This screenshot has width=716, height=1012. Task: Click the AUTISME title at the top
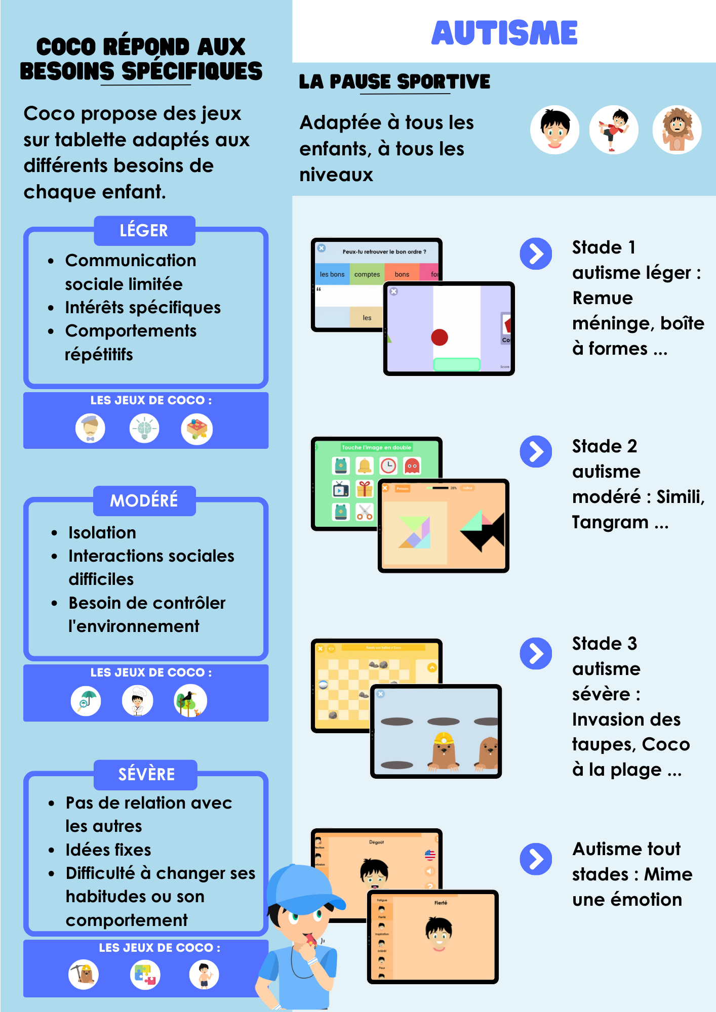[504, 33]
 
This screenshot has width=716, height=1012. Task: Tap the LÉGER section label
[144, 231]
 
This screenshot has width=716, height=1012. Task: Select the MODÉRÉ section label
[144, 500]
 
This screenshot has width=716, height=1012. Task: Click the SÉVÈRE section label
[146, 774]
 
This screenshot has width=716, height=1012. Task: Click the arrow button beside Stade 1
[536, 254]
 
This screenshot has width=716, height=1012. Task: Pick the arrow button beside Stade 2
[536, 451]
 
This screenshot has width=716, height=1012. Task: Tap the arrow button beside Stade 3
[536, 653]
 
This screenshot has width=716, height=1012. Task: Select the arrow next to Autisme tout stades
[536, 859]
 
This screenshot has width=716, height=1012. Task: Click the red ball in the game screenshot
[440, 337]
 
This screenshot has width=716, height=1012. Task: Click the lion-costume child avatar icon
[677, 130]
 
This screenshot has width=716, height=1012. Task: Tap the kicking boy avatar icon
[614, 130]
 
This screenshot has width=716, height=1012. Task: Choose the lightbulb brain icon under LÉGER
[144, 429]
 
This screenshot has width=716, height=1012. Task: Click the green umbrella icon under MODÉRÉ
[86, 701]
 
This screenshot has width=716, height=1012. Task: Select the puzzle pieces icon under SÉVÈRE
[145, 975]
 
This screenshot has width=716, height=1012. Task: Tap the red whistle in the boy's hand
[310, 940]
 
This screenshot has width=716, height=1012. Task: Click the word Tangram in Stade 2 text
[610, 522]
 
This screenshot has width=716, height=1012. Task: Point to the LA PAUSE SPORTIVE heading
[394, 82]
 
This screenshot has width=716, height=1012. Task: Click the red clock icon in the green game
[388, 466]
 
